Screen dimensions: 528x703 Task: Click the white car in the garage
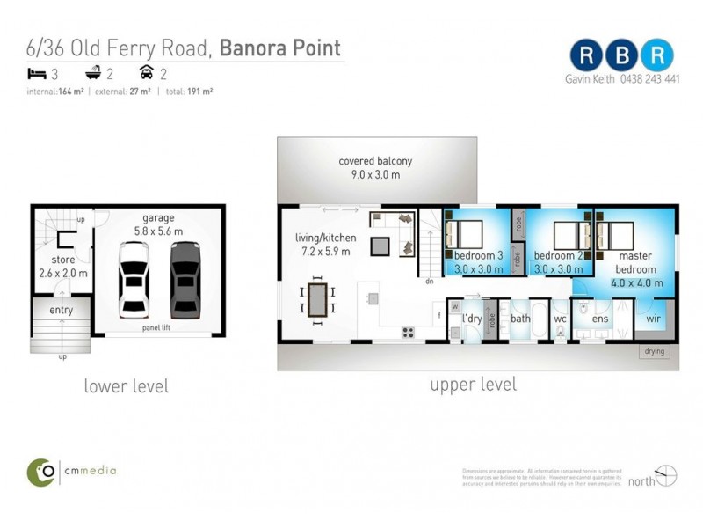134,280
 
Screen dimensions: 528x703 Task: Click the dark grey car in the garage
186,280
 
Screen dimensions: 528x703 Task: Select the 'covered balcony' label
375,162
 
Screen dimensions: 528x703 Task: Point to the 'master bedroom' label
635,262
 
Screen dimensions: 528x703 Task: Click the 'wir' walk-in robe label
654,318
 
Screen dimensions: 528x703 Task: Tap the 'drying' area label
655,351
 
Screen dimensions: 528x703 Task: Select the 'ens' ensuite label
601,318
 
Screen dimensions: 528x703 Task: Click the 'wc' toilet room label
560,318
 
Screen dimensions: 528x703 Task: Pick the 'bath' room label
520,318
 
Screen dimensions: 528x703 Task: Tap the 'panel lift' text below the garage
159,329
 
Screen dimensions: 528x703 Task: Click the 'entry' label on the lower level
61,310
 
